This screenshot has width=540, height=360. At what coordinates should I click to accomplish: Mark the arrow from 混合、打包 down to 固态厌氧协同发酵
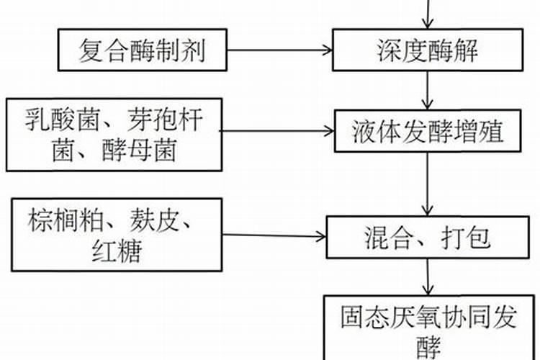click(430, 276)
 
